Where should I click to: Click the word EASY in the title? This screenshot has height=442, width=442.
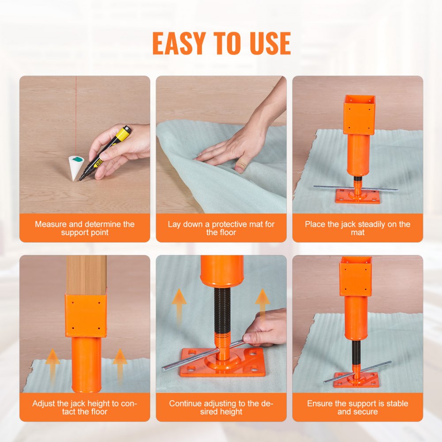(x=179, y=43)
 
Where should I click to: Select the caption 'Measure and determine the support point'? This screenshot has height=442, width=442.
(x=84, y=228)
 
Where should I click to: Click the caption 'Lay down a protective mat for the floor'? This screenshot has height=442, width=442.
(x=221, y=228)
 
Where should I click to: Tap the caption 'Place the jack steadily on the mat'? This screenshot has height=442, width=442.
(x=358, y=228)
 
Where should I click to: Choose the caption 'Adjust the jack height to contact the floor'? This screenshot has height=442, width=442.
(x=84, y=407)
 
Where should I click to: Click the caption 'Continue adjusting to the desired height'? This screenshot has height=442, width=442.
(x=221, y=407)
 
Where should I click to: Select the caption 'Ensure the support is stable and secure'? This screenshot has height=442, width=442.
(x=358, y=407)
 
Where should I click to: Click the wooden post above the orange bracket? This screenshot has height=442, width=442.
(x=86, y=274)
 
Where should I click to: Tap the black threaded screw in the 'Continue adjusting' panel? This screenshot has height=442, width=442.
(x=222, y=309)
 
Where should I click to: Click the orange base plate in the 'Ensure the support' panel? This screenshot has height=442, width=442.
(x=356, y=380)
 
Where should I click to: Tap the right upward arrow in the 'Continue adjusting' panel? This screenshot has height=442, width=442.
(x=262, y=301)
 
